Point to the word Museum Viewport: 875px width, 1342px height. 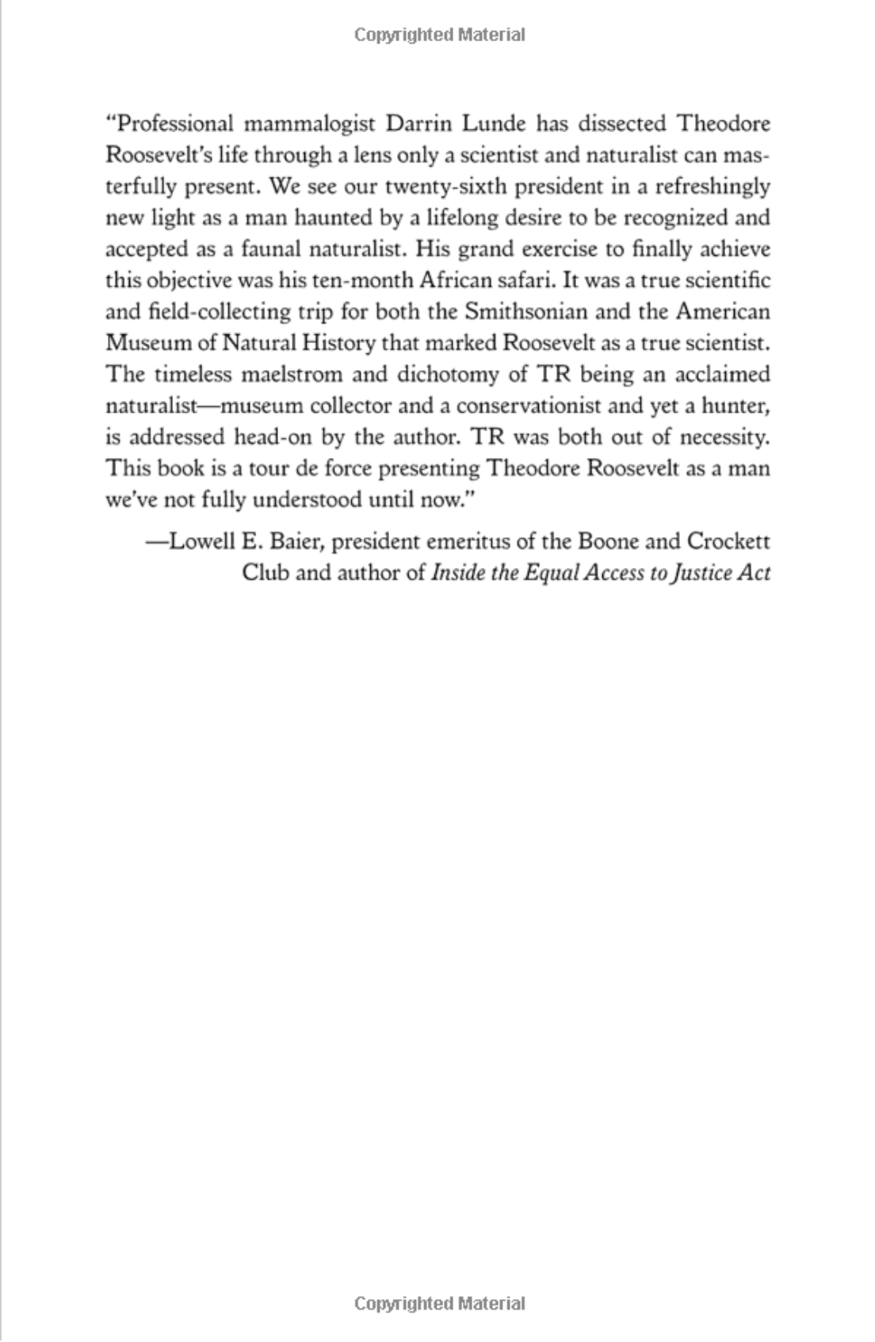pyautogui.click(x=145, y=343)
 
